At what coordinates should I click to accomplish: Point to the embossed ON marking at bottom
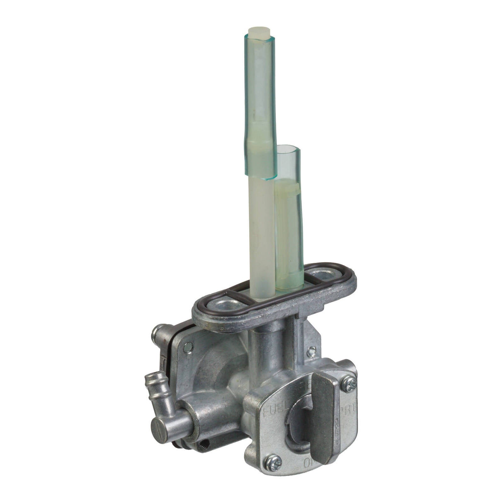(x=310, y=463)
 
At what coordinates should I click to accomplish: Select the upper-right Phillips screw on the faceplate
(x=349, y=385)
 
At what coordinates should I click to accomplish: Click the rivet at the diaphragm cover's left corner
(x=188, y=347)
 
